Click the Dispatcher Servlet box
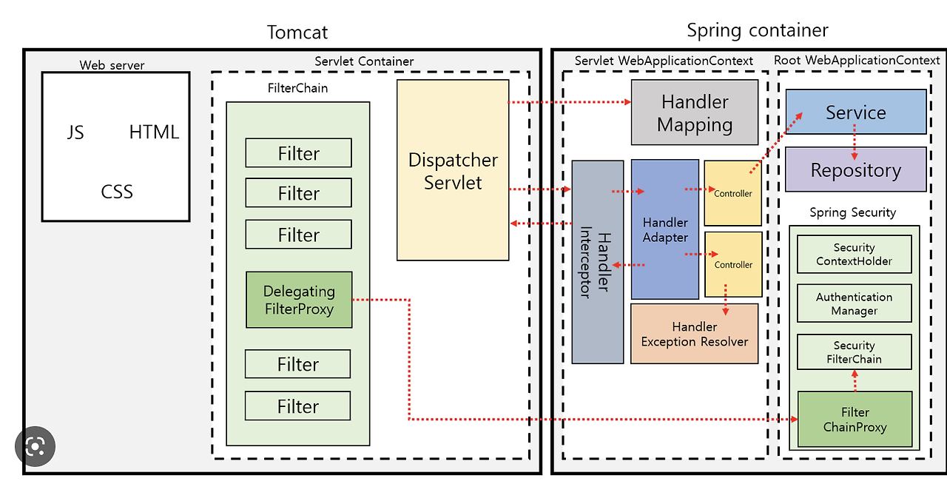pos(453,170)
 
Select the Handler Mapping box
pos(695,112)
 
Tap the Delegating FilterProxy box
pos(299,300)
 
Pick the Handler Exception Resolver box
pos(694,334)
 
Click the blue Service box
pos(856,112)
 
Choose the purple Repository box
pos(856,169)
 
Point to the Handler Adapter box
pos(665,229)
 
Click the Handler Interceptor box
pos(597,262)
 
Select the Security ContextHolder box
pos(854,254)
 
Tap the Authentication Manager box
pos(854,303)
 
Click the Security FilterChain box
pos(854,352)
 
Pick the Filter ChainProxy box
pos(855,420)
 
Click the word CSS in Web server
pos(117,192)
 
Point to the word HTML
pos(154,132)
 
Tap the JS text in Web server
pos(75,132)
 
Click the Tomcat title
pos(297,32)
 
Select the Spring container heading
pos(757,30)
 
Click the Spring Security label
pos(852,212)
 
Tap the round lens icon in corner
pos(35,446)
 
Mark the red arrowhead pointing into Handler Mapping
pos(628,102)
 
